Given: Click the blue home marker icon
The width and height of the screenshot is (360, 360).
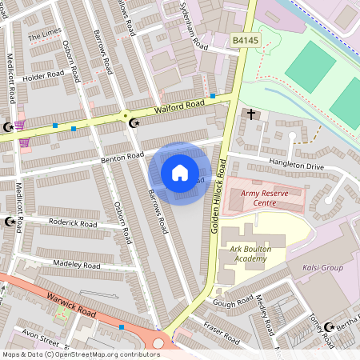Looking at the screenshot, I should pos(180,173).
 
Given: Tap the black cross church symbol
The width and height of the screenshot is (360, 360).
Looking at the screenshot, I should pos(251,114).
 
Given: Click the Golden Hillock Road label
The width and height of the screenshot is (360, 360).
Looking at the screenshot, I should pos(217,206).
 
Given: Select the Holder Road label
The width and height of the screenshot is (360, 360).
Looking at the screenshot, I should pos(43,77).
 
